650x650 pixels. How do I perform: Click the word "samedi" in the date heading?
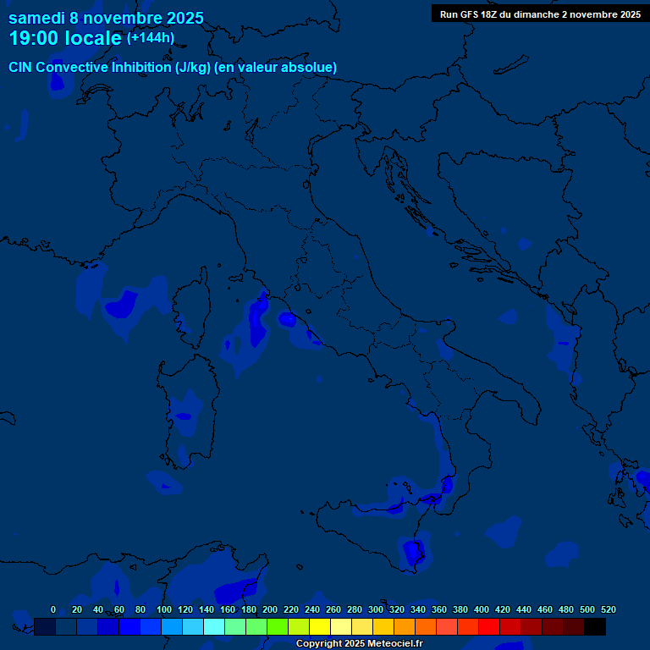(x=36, y=18)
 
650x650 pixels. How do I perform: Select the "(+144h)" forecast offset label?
(x=151, y=38)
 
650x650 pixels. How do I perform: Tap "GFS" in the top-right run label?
(x=470, y=14)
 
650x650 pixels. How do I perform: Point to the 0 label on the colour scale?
(x=53, y=609)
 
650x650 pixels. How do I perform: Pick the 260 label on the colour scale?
(x=333, y=609)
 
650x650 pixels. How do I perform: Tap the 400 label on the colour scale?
(x=482, y=609)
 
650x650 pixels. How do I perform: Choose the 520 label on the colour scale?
(x=609, y=609)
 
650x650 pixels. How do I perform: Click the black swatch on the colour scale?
(x=595, y=626)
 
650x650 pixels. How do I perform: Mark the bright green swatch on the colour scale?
(x=278, y=626)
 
